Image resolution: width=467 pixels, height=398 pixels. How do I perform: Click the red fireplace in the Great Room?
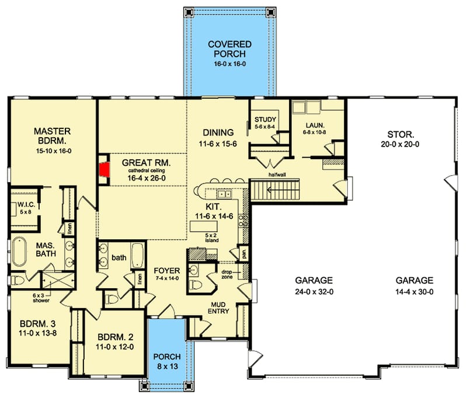click(104, 169)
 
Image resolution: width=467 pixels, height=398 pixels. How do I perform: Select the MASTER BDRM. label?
click(52, 135)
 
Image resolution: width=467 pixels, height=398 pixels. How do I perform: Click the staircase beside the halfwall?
click(274, 190)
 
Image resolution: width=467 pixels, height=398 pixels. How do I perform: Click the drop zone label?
click(228, 273)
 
